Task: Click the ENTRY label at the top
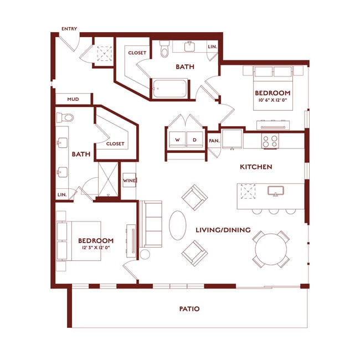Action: [x=70, y=29]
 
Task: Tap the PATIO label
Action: [x=189, y=309]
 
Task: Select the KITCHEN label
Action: [x=255, y=167]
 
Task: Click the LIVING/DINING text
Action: [x=223, y=230]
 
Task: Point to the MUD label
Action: [x=73, y=99]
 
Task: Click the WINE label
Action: [x=128, y=181]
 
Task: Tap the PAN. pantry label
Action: [x=214, y=141]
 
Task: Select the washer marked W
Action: [x=177, y=140]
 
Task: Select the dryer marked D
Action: [x=194, y=140]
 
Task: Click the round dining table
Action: [x=271, y=249]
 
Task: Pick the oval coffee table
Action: [x=177, y=225]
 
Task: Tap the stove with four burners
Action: [x=270, y=141]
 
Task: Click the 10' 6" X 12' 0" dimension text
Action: [x=272, y=100]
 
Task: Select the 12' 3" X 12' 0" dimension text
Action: [x=96, y=248]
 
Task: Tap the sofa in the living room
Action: [x=151, y=224]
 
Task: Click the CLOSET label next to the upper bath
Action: [x=137, y=53]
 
